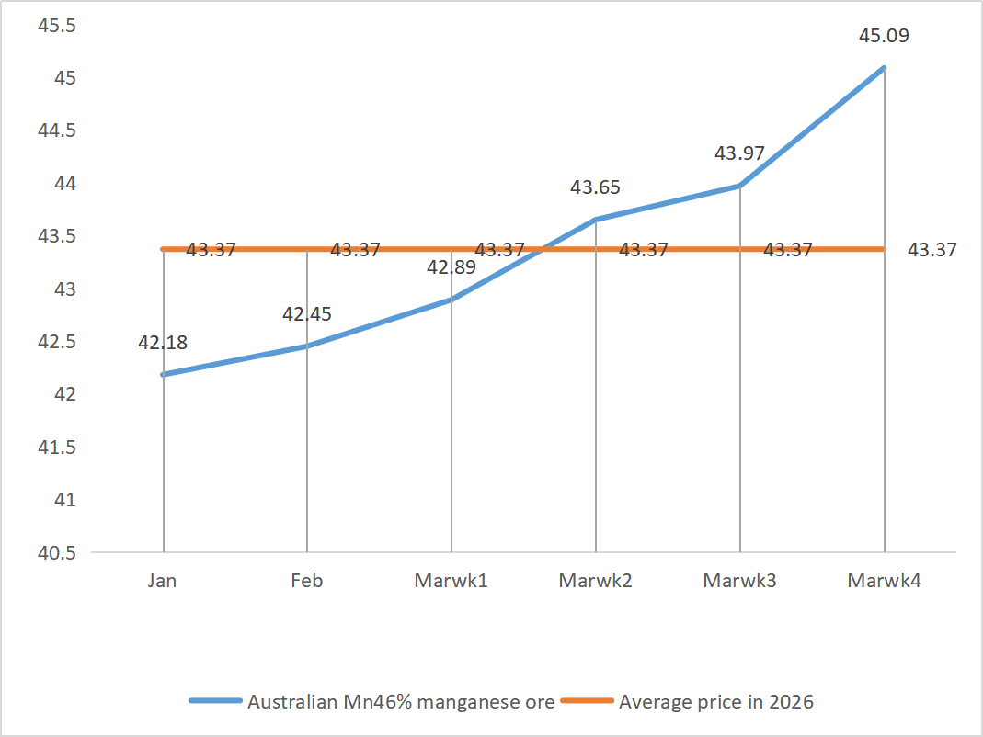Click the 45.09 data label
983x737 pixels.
click(884, 38)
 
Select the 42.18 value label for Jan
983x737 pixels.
click(163, 343)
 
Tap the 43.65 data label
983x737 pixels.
click(595, 187)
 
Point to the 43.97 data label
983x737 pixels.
click(739, 153)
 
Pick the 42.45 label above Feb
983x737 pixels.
click(307, 314)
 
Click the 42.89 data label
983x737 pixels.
click(451, 268)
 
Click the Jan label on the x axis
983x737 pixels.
click(163, 581)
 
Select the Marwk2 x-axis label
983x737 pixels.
click(595, 581)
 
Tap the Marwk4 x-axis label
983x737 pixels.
click(884, 581)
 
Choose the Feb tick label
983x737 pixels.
click(307, 581)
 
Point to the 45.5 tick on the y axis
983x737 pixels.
click(55, 25)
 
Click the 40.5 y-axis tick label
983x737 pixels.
click(55, 552)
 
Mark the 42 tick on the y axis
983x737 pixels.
click(64, 394)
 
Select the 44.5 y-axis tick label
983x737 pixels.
click(55, 130)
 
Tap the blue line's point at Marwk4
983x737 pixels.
click(884, 68)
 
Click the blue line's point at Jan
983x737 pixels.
click(163, 375)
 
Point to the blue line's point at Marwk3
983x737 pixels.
click(739, 186)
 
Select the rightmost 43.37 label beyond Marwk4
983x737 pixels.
click(932, 249)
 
